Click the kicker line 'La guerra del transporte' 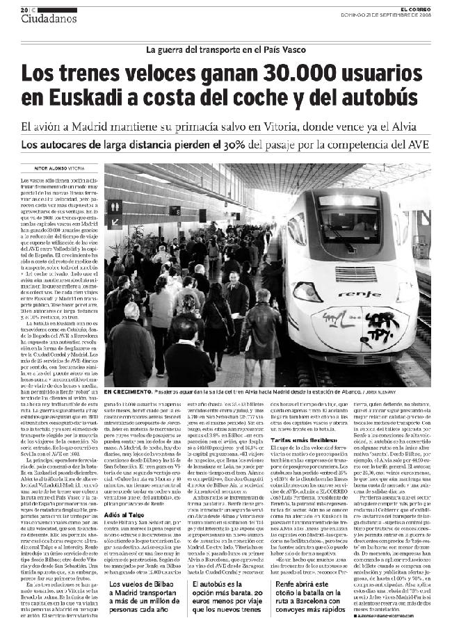(x=227, y=49)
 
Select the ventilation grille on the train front (x=355, y=273)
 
